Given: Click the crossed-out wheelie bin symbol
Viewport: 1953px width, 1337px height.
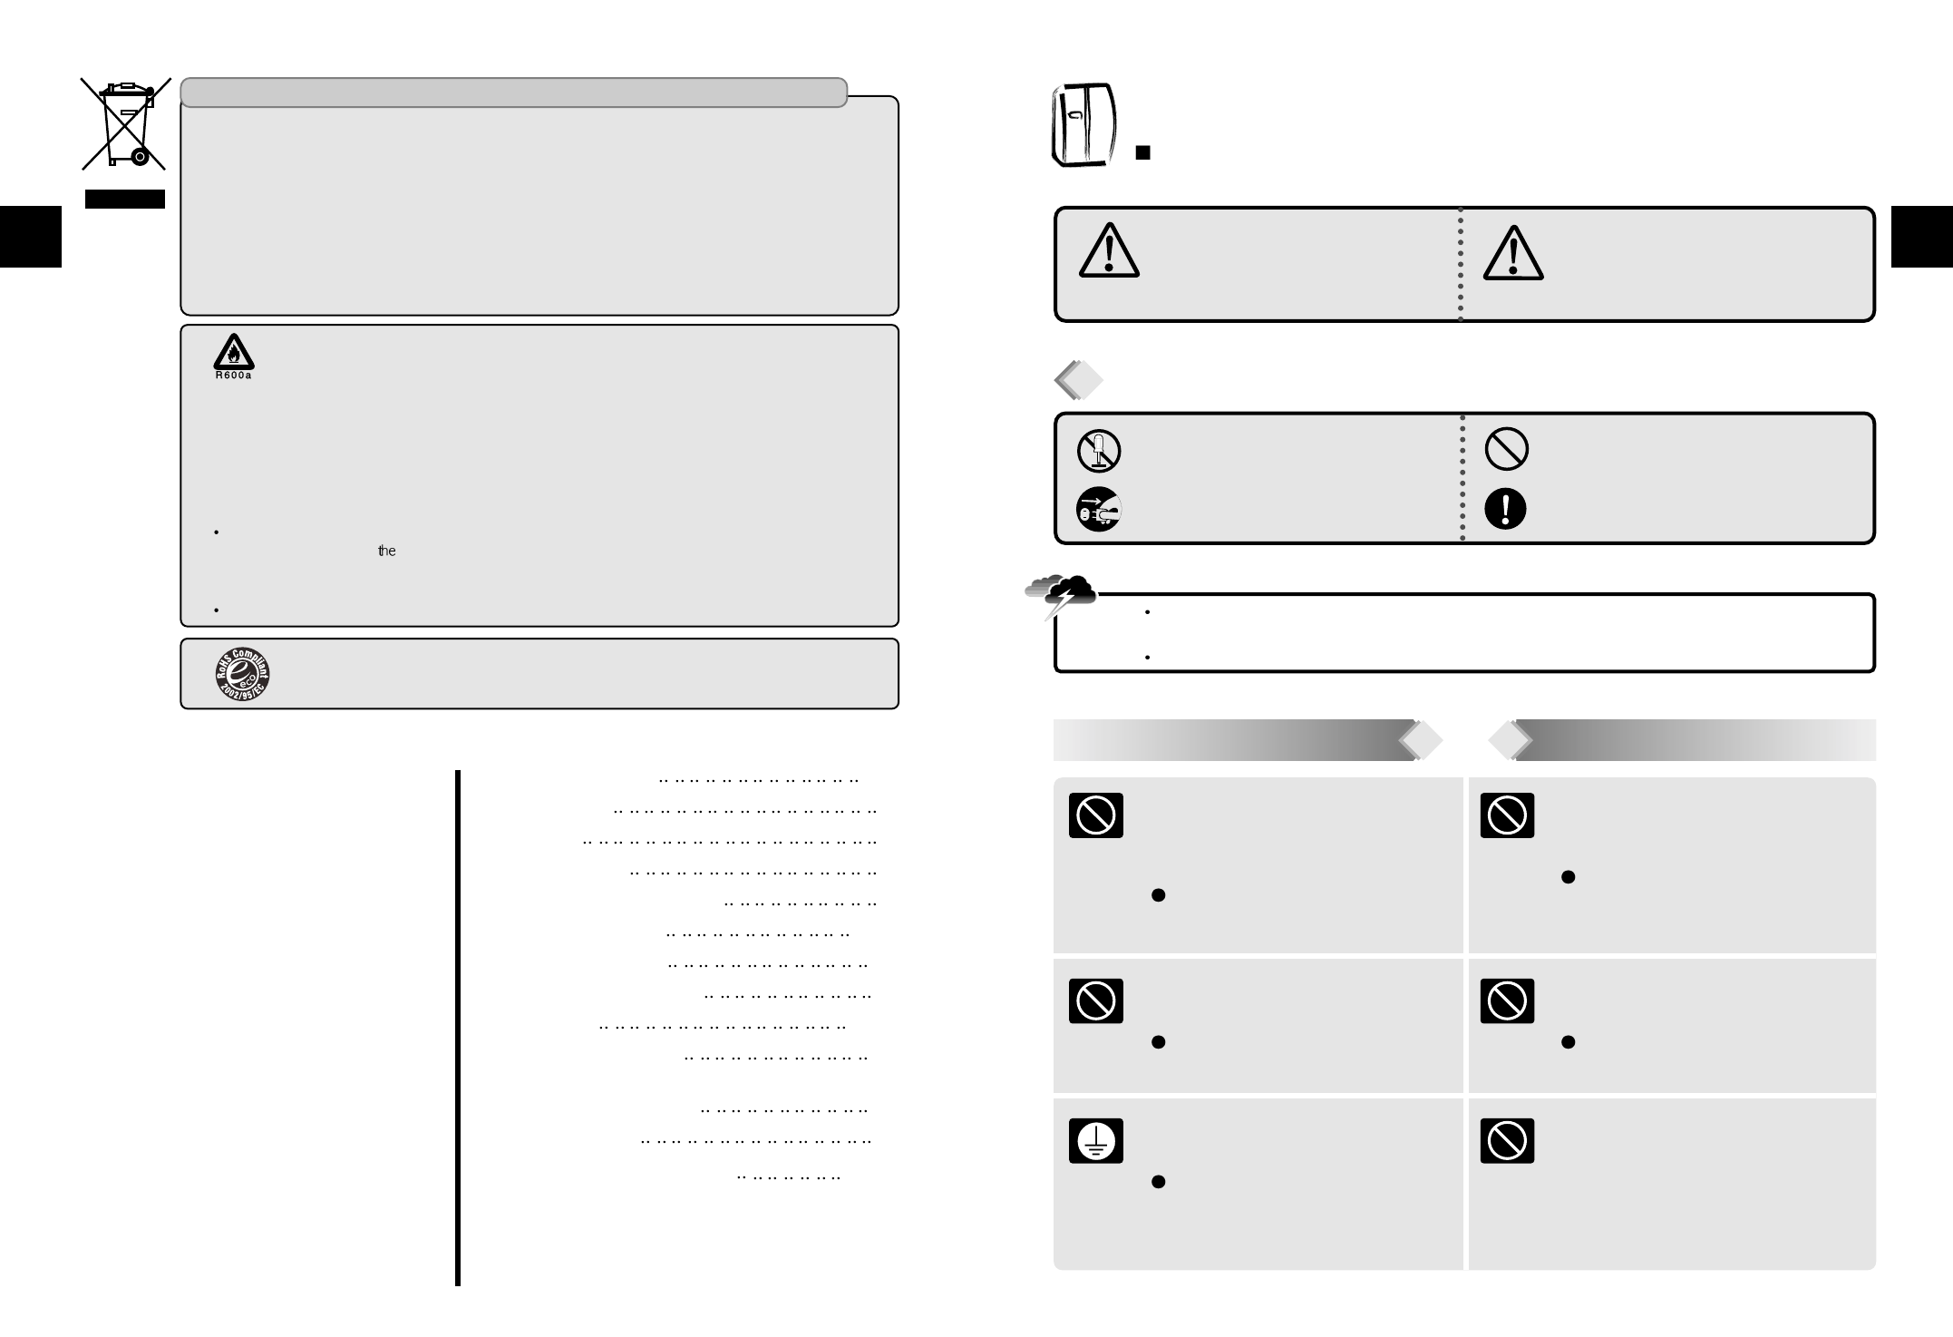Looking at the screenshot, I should [x=125, y=124].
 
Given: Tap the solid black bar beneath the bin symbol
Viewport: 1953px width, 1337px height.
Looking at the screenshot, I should [x=125, y=199].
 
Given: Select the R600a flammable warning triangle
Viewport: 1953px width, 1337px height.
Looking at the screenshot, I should [x=233, y=353].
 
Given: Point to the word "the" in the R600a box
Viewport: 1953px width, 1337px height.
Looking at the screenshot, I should [x=387, y=551].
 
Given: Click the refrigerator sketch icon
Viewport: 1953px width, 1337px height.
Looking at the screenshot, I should [x=1083, y=126].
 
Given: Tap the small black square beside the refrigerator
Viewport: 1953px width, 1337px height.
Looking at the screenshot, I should [x=1143, y=152].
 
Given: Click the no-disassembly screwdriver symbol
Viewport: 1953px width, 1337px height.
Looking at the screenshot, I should [x=1099, y=451].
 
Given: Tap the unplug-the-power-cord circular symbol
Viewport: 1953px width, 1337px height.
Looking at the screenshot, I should [x=1099, y=509].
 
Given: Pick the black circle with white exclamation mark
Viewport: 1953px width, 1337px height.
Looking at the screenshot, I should [x=1505, y=509].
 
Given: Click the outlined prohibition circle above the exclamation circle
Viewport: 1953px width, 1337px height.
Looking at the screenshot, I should [x=1506, y=449].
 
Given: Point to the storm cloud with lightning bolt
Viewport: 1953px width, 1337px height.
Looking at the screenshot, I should [x=1061, y=594].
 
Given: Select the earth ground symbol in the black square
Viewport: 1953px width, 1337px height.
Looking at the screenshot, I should [x=1095, y=1140].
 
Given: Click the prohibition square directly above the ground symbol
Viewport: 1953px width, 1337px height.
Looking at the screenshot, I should [x=1095, y=1000].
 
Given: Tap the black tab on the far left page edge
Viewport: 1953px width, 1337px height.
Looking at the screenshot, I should [x=30, y=237].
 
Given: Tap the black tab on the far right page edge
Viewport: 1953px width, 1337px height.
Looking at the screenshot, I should [x=1921, y=237].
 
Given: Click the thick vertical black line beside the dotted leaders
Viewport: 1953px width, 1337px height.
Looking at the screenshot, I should [x=458, y=1027].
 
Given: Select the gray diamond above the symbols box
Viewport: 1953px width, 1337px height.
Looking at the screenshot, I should [x=1079, y=381].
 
